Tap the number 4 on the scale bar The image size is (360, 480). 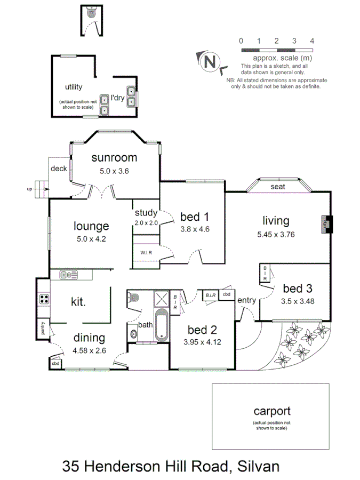click(x=311, y=41)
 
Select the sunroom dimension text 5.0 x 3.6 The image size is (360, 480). click(x=114, y=171)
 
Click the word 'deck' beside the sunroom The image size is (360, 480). click(x=59, y=169)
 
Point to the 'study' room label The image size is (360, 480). click(x=146, y=214)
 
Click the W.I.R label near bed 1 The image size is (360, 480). click(x=148, y=252)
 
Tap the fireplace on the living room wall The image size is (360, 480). click(x=325, y=224)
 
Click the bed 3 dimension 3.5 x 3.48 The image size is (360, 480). click(x=297, y=300)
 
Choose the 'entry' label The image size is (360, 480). click(x=246, y=300)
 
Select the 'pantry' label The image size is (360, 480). click(x=43, y=328)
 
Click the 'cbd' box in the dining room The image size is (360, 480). click(x=56, y=363)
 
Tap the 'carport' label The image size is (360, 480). click(x=271, y=411)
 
